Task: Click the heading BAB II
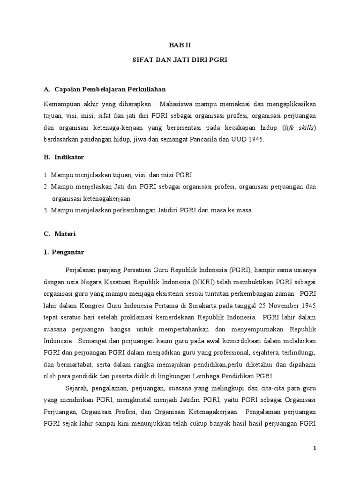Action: click(180, 45)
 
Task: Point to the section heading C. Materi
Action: click(60, 233)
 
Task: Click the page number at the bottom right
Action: click(315, 448)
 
